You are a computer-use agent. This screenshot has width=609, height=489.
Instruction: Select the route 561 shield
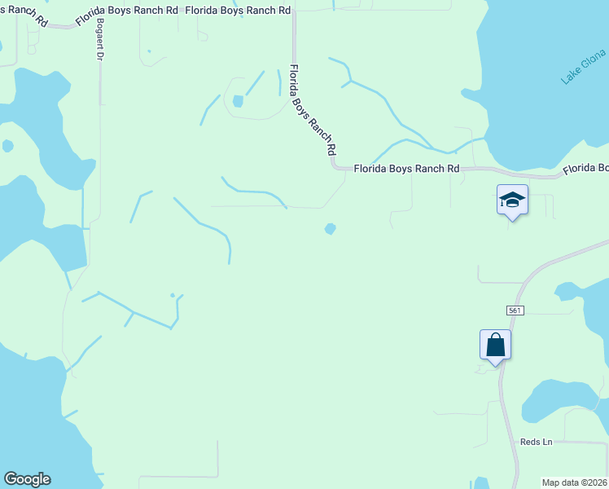514,310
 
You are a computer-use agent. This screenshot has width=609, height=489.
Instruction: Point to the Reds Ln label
536,442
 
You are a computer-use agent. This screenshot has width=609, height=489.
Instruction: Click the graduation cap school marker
512,200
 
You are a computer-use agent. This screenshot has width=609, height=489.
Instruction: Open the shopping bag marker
495,345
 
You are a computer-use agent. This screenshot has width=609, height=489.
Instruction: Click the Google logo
27,479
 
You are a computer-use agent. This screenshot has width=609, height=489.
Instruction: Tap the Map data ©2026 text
575,482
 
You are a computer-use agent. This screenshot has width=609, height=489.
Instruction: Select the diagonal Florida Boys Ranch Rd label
313,110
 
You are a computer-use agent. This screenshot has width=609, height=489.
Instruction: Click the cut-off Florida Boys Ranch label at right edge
585,168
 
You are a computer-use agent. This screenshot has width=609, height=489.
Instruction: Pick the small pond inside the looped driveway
238,101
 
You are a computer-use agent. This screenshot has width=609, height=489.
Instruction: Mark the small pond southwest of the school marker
330,229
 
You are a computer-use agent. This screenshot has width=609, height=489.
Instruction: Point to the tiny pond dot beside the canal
172,295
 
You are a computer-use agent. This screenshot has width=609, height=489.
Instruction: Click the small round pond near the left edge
7,146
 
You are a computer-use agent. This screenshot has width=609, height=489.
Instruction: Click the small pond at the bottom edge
480,482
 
